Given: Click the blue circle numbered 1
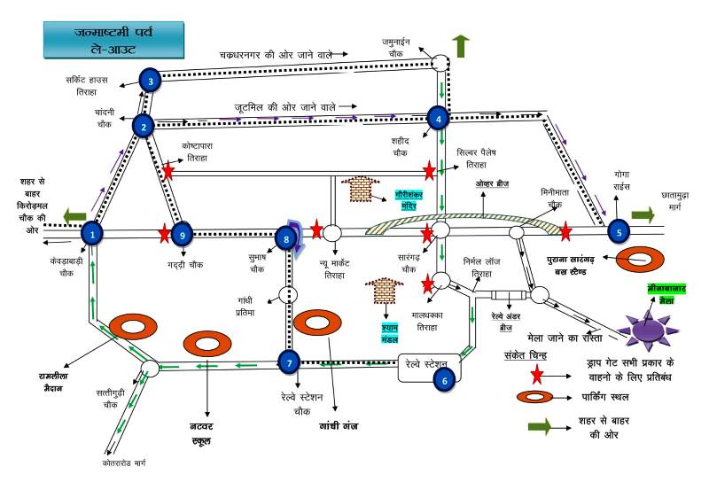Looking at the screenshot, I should [92, 234].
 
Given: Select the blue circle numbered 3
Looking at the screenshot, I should [152, 82].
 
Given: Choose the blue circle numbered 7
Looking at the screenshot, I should [289, 361].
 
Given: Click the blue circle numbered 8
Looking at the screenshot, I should [284, 237].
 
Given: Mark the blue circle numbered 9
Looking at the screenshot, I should [182, 235].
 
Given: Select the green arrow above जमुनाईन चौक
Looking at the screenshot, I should [461, 45].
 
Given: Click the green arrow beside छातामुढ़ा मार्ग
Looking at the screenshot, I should [643, 214].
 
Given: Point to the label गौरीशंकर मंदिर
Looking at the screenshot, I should [393, 199].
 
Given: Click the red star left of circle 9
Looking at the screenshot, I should [163, 233].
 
